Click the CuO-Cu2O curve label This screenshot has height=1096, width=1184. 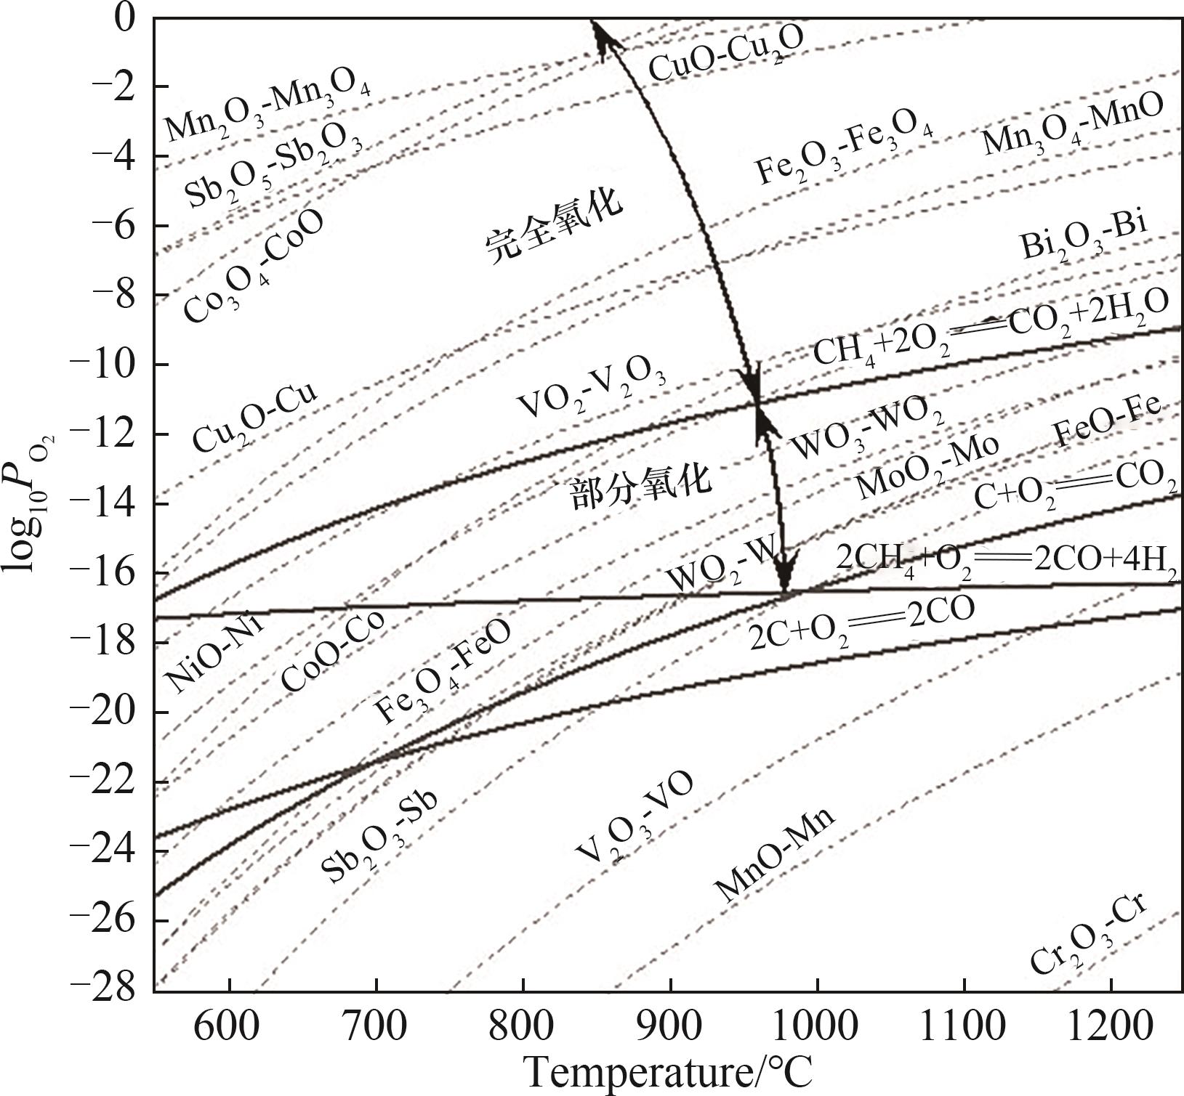pyautogui.click(x=725, y=54)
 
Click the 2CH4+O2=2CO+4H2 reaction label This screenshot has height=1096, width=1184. pyautogui.click(x=1007, y=559)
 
